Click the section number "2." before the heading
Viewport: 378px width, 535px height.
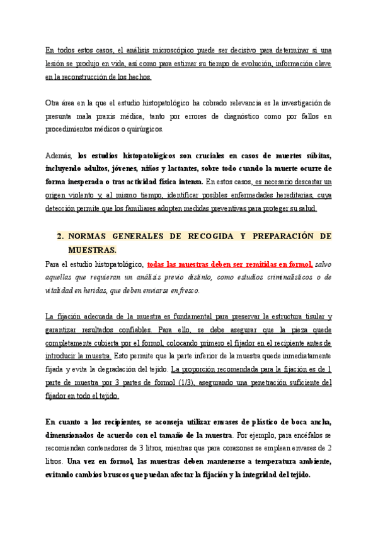61,236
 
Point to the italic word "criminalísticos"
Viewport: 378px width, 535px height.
278,277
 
